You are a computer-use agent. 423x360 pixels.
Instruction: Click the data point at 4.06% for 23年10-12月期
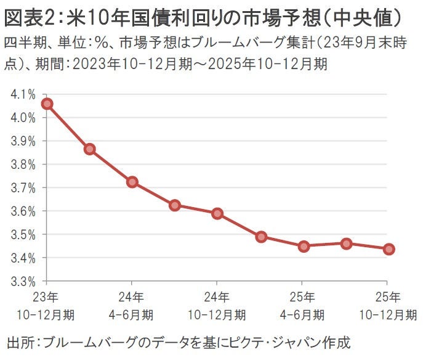pyautogui.click(x=47, y=104)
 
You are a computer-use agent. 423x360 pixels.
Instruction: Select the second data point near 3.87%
pyautogui.click(x=89, y=149)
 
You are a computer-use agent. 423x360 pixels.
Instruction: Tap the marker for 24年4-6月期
pyautogui.click(x=132, y=182)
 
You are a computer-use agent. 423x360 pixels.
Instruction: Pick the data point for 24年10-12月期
pyautogui.click(x=217, y=213)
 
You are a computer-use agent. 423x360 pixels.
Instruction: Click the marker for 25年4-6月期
pyautogui.click(x=303, y=246)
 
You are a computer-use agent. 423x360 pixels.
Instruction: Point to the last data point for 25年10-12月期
pyautogui.click(x=389, y=249)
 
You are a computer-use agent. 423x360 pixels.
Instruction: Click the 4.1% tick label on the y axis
pyautogui.click(x=22, y=94)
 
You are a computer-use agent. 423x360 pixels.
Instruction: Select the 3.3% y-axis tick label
pyautogui.click(x=22, y=281)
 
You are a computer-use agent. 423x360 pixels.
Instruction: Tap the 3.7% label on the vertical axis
pyautogui.click(x=22, y=188)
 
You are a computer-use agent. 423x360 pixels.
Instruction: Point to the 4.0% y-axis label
pyautogui.click(x=22, y=118)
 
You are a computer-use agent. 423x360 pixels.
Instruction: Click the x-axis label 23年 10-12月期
pyautogui.click(x=46, y=306)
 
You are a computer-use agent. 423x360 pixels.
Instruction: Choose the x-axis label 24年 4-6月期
pyautogui.click(x=132, y=306)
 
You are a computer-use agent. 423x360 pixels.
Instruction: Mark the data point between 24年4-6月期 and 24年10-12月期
pyautogui.click(x=175, y=205)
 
